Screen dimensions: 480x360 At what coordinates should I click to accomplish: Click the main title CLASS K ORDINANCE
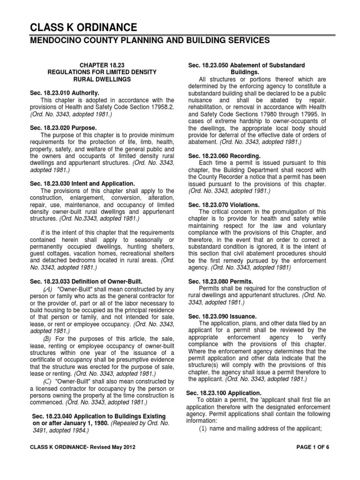(84, 27)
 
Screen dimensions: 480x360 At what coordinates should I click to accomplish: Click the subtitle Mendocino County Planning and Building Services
(150, 41)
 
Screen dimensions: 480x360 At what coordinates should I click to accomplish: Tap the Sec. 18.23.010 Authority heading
(64, 93)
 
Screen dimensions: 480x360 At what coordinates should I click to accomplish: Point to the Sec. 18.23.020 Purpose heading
(63, 127)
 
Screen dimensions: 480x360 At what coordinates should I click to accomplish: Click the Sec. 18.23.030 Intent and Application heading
(82, 183)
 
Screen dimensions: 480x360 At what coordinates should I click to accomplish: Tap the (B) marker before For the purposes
(48, 338)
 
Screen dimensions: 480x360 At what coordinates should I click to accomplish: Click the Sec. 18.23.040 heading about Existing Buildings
(98, 416)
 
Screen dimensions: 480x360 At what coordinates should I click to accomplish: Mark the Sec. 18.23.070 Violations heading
(223, 204)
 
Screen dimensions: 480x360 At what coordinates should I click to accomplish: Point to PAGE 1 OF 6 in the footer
(314, 460)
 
